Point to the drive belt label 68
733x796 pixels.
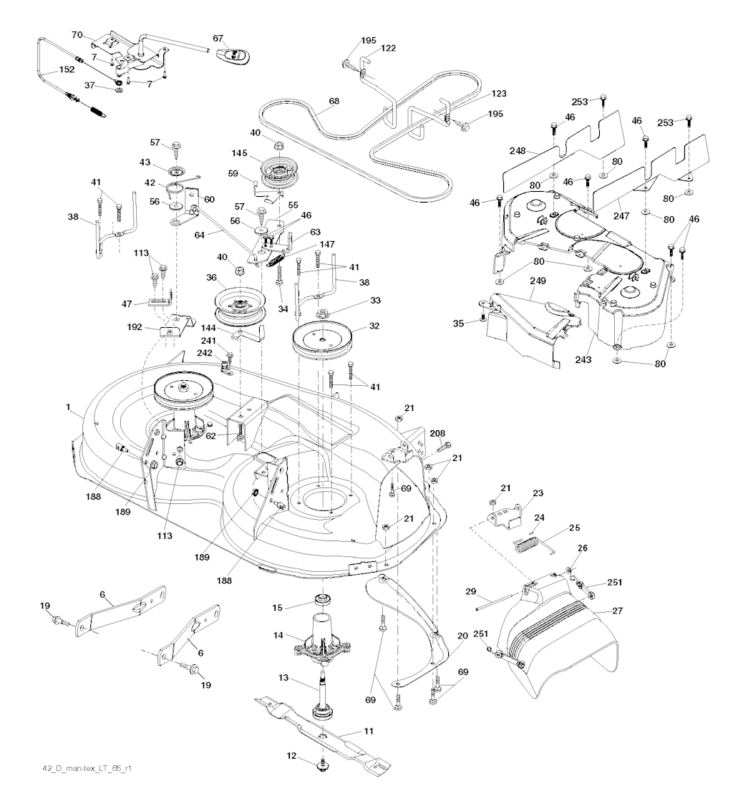(334, 102)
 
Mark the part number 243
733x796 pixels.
(583, 359)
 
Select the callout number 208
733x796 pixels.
(437, 434)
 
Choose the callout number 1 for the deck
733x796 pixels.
(69, 407)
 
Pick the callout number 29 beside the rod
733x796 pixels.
(470, 591)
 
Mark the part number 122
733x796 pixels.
(389, 48)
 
